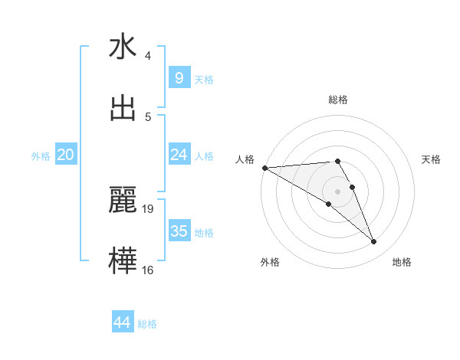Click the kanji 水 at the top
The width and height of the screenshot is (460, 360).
[123, 47]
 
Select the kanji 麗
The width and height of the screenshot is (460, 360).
[123, 201]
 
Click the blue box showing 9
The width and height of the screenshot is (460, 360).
[179, 77]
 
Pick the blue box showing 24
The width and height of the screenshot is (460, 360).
[179, 155]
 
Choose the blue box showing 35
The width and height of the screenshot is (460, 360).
[179, 231]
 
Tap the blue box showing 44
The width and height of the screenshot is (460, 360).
[123, 322]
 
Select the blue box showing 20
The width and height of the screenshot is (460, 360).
[66, 155]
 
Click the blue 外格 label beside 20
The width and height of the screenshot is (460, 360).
[41, 155]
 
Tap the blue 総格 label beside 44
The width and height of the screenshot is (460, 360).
[147, 324]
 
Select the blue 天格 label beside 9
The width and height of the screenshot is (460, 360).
[204, 79]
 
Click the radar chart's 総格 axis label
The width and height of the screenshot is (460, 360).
[338, 100]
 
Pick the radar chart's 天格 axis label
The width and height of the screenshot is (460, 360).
[432, 159]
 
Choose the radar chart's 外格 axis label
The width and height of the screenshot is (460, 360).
[270, 262]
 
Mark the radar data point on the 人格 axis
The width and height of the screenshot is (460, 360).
[264, 168]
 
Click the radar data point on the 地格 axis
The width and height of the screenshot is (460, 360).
[374, 242]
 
